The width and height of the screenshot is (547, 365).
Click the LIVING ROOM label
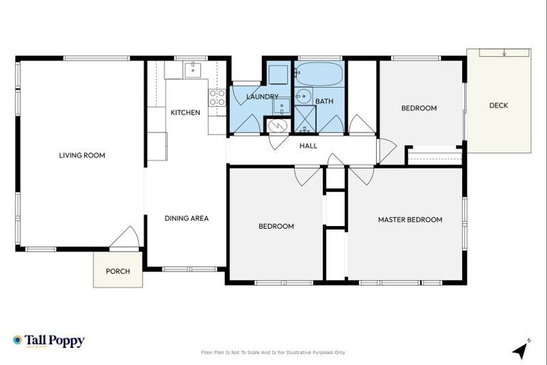pos(82,155)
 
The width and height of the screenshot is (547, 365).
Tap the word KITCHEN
pos(185,113)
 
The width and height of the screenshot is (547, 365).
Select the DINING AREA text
pos(187,218)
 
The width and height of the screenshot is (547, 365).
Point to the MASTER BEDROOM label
pos(410,220)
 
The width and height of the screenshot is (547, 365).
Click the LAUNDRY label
pos(261,96)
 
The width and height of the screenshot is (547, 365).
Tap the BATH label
pos(324,101)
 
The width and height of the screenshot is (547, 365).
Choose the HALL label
pos(308,146)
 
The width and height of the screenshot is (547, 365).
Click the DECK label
pos(499,106)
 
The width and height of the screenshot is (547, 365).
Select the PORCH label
pos(118,271)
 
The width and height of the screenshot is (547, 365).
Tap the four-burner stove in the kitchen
pos(217,98)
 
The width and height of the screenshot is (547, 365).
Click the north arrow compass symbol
pos(521,349)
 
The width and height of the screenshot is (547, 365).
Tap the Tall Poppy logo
pos(48,341)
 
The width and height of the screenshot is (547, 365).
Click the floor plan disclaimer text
pos(273,352)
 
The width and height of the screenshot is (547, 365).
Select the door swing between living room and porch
pos(126,237)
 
